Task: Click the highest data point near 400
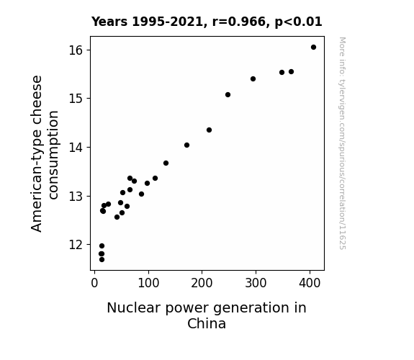point(313,48)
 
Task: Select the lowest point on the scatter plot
point(102,260)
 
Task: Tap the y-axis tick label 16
point(76,50)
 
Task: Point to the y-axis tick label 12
point(76,245)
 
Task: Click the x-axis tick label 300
point(256,283)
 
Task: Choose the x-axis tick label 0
point(94,283)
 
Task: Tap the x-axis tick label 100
point(148,283)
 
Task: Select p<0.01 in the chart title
point(298,22)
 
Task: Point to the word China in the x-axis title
point(207,323)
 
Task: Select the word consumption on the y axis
point(53,155)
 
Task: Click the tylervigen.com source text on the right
point(342,143)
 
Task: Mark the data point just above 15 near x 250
point(228,94)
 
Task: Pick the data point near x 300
point(253,78)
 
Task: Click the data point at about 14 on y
point(186,145)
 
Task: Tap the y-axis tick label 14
point(76,148)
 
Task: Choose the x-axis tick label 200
point(202,283)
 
